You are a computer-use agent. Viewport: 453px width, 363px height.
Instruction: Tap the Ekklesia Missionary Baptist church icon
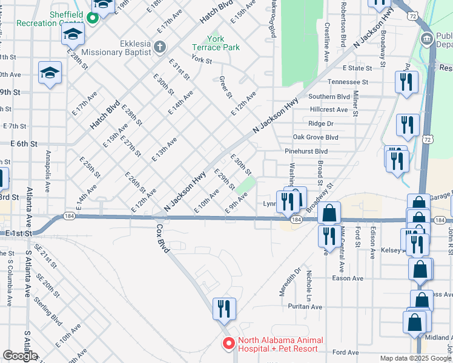(x=159, y=47)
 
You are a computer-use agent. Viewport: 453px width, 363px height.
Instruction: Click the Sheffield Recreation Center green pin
(x=93, y=18)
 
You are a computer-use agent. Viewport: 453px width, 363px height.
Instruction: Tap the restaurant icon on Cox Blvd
(x=223, y=309)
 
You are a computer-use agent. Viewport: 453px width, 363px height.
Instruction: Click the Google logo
(x=20, y=356)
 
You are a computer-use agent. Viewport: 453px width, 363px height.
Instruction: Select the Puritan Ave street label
(x=305, y=307)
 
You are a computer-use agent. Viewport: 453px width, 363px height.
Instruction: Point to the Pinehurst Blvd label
(x=306, y=151)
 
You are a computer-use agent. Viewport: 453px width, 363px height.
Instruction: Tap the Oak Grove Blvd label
(x=315, y=137)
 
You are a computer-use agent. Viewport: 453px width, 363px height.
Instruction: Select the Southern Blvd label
(x=329, y=96)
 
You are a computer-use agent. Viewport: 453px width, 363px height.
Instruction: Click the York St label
(x=201, y=60)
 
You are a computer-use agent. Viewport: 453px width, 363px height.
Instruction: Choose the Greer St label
(x=226, y=87)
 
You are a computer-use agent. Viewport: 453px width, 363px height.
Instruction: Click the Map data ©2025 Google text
(x=415, y=359)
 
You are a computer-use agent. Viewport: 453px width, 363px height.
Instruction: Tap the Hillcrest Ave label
(x=328, y=110)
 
